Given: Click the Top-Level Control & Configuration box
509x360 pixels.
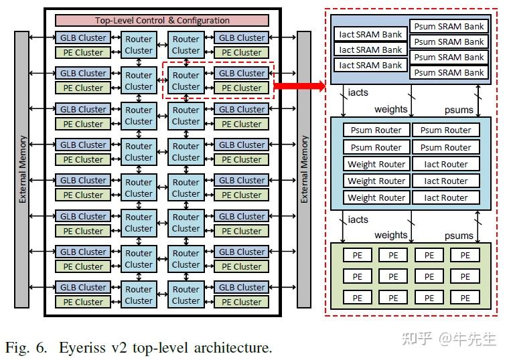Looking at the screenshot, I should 161,21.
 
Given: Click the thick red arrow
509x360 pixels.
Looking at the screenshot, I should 299,86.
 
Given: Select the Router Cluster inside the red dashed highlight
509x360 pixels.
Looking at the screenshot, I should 186,81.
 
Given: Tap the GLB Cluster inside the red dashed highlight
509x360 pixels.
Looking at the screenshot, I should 242,73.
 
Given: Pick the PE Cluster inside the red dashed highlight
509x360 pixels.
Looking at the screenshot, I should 242,88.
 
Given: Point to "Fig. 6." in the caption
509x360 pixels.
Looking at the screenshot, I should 27,347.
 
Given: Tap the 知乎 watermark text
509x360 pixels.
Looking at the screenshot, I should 417,338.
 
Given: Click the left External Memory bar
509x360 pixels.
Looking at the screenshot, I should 23,169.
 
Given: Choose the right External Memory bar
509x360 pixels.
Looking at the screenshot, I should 305,169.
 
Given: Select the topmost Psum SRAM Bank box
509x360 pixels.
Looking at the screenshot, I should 449,27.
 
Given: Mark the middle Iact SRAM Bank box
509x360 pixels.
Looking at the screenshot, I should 370,50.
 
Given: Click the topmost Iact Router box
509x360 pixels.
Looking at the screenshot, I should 446,164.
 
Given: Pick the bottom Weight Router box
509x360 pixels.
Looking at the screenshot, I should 376,197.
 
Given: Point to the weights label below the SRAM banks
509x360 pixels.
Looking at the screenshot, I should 390,109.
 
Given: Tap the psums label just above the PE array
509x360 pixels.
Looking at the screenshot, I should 459,236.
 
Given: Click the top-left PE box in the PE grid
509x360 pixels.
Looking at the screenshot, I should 357,255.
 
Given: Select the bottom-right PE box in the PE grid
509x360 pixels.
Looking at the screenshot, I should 465,297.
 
